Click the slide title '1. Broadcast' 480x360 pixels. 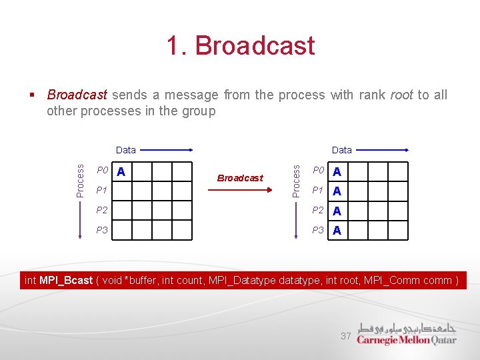[x=240, y=46]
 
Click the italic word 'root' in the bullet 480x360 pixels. [x=401, y=95]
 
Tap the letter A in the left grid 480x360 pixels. [x=121, y=172]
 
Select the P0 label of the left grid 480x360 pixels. [x=102, y=171]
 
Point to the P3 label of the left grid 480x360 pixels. [x=102, y=230]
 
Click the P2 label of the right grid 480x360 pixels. [x=319, y=211]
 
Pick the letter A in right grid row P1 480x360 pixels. [x=337, y=191]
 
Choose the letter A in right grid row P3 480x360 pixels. [x=337, y=231]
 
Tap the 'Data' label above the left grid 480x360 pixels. [x=125, y=150]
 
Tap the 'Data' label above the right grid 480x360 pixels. [x=341, y=150]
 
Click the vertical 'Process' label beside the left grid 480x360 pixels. [x=81, y=180]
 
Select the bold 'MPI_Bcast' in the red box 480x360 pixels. [x=65, y=280]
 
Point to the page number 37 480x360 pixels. [x=345, y=336]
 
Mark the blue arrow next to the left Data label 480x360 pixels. [x=167, y=150]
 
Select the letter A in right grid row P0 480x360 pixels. [x=337, y=172]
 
